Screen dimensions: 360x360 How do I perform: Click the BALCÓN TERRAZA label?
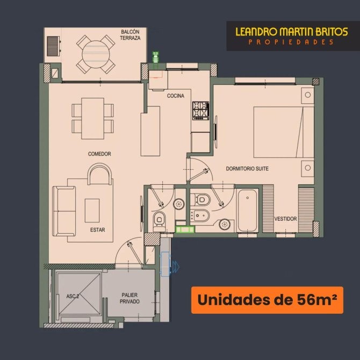[x=130, y=35]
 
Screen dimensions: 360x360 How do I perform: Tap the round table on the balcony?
[x=96, y=54]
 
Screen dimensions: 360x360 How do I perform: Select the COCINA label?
[x=175, y=96]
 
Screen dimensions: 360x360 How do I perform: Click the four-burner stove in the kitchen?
[x=200, y=111]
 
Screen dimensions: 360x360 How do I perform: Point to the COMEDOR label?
[x=99, y=154]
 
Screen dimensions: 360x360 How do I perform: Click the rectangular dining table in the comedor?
[x=93, y=118]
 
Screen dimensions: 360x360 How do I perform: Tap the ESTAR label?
[x=98, y=230]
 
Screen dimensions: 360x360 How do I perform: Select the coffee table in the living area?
[x=92, y=211]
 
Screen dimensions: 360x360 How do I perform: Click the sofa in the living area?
[x=64, y=211]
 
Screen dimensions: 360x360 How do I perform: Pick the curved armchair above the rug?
[x=100, y=174]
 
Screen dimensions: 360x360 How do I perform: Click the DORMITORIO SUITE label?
[x=247, y=169]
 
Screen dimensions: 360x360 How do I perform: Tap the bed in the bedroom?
[x=284, y=132]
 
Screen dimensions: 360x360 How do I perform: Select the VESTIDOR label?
[x=286, y=219]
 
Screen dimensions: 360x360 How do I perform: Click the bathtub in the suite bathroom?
[x=248, y=210]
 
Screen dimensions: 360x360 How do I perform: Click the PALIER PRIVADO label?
[x=129, y=298]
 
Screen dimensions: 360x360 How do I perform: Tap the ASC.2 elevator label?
[x=73, y=296]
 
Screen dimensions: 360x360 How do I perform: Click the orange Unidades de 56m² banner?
[x=267, y=300]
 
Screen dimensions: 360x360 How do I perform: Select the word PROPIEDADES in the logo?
[x=291, y=42]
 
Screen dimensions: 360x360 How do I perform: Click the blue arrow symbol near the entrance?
[x=176, y=267]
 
